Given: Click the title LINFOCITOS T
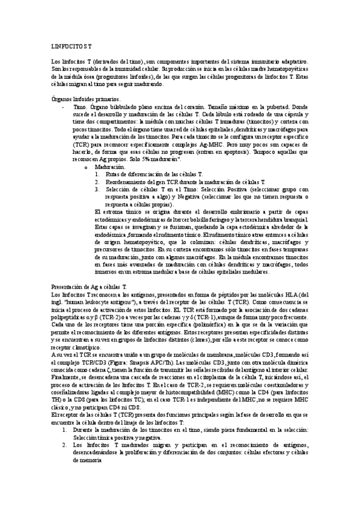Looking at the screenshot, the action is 71,46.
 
